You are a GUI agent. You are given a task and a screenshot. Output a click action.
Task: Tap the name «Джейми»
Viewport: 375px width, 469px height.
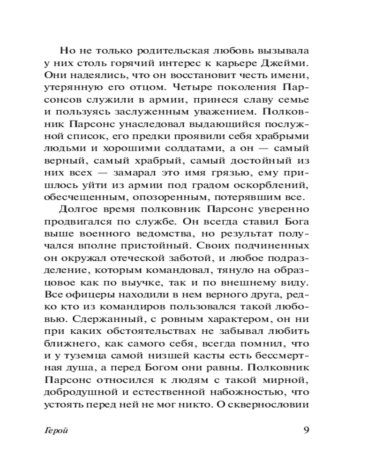[286, 63]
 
